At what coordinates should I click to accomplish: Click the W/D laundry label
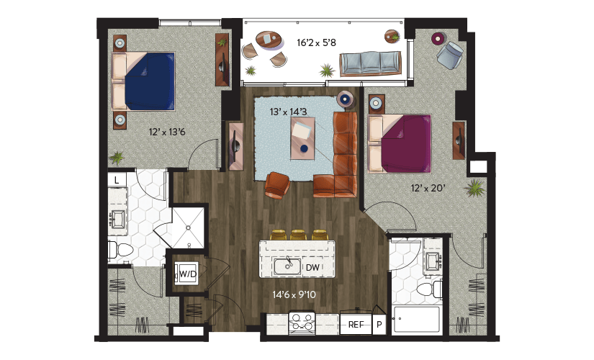(188, 274)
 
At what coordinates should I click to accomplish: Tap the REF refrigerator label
(356, 325)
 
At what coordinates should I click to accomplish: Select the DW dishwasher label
(312, 268)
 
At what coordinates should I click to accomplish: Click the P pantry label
(379, 325)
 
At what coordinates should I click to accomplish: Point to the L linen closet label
(117, 181)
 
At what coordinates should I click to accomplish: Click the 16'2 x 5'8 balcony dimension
(316, 42)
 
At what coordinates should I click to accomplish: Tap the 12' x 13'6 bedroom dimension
(167, 132)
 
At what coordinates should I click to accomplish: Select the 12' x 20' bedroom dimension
(428, 188)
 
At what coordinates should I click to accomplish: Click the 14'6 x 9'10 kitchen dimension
(294, 294)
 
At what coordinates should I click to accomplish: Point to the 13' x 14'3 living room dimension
(288, 112)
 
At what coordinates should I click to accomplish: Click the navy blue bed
(143, 81)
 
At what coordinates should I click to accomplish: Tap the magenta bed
(400, 144)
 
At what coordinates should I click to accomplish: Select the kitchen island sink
(287, 266)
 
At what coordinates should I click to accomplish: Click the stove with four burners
(302, 323)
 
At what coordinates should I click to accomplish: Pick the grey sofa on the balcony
(370, 63)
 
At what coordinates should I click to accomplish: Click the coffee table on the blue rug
(302, 138)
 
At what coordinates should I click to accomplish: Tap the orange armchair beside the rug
(278, 185)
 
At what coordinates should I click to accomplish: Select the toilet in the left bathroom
(121, 251)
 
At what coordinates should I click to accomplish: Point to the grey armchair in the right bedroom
(450, 55)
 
